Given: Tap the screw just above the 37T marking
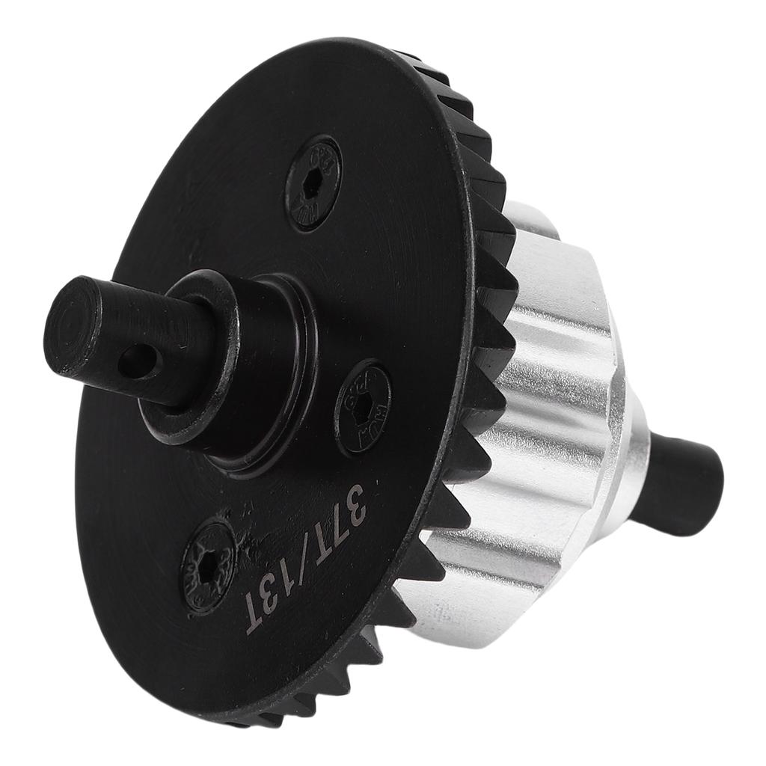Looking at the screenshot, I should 363,408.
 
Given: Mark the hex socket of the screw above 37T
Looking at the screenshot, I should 363,408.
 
